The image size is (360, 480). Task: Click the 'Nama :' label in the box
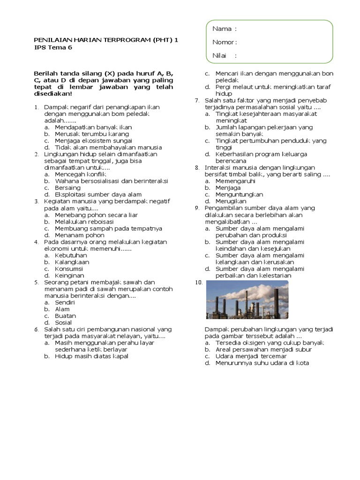(224, 29)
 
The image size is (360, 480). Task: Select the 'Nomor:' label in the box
(225, 42)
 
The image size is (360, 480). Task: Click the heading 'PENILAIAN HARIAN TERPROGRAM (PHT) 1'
(106, 40)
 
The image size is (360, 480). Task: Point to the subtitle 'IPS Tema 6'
(53, 47)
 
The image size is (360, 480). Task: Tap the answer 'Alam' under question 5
(62, 309)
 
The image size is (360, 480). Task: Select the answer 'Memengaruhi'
(235, 181)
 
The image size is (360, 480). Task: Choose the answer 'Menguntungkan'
(239, 194)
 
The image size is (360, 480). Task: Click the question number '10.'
(198, 282)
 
